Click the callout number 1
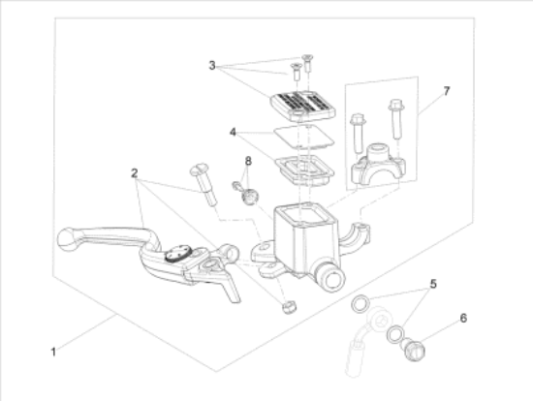53,352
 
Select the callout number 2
135,173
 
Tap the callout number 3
212,65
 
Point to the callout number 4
233,132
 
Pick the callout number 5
433,284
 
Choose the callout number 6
463,319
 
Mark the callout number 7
447,91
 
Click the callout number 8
248,161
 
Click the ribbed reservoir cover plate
303,106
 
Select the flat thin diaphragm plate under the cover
304,136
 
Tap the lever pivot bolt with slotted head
204,184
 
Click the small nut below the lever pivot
289,307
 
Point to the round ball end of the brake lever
68,239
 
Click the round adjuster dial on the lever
178,254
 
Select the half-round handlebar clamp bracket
378,165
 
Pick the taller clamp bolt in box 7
396,119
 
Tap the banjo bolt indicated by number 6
413,350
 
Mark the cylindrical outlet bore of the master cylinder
331,278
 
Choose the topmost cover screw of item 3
307,63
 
